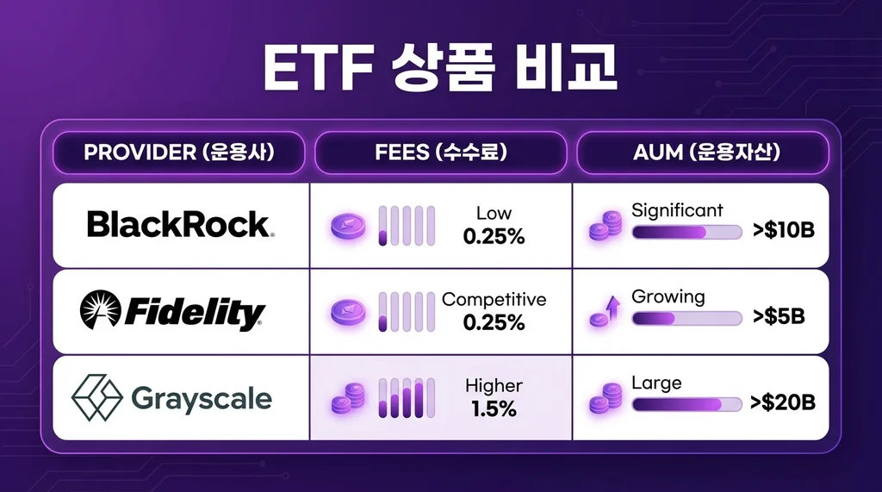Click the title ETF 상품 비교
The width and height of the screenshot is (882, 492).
point(440,70)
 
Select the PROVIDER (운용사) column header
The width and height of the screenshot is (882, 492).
point(179,153)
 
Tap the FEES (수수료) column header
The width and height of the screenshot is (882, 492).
point(440,153)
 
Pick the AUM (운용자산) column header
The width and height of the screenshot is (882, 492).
point(702,153)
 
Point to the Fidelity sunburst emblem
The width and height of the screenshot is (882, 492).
point(101,311)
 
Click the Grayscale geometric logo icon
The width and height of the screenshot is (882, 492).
point(96,398)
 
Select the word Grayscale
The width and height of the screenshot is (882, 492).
point(202,399)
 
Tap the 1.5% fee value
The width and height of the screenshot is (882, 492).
point(494,409)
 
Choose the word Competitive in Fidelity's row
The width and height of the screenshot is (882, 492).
point(494,300)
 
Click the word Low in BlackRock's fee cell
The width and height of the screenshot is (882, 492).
point(494,213)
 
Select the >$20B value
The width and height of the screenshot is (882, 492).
point(782,402)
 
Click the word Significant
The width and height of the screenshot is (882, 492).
point(677,210)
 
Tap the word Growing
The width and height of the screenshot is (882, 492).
point(668,296)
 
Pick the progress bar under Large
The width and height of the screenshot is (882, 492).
point(686,404)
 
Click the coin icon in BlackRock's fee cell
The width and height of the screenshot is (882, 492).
point(348,226)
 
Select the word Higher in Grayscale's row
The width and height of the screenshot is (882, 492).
point(494,386)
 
